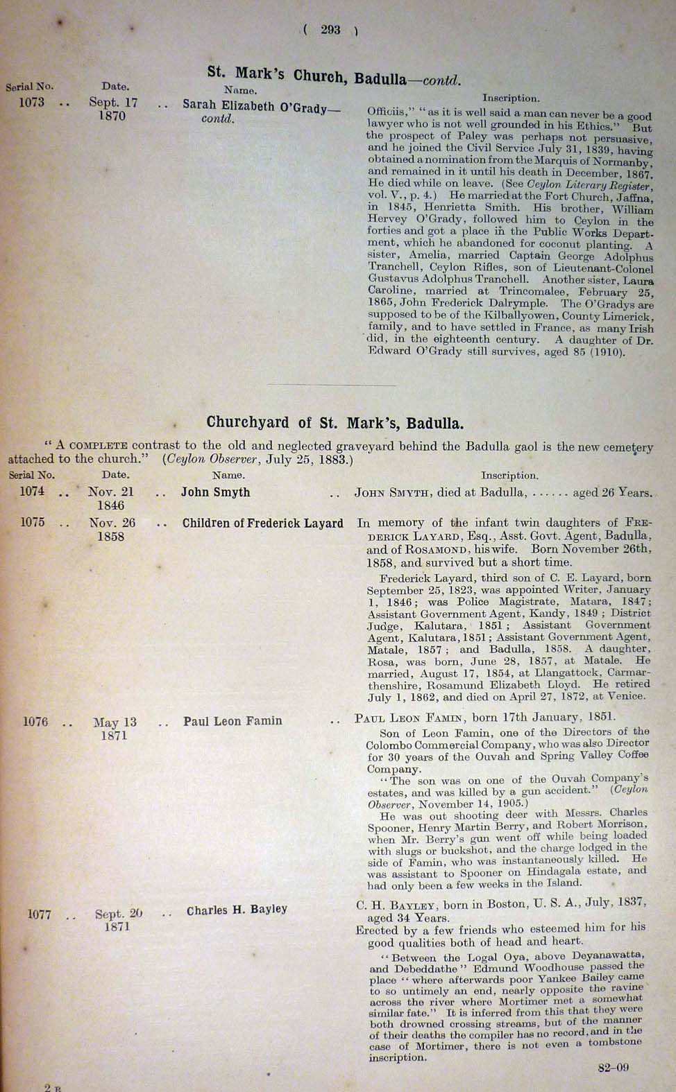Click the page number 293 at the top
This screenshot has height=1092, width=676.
(330, 30)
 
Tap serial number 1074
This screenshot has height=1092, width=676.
(32, 492)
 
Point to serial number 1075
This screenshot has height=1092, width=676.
(32, 523)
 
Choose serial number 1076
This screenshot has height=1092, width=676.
(35, 722)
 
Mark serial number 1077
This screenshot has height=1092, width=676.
(40, 915)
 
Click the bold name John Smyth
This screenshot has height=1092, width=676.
(215, 492)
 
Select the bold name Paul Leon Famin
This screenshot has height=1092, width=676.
(233, 721)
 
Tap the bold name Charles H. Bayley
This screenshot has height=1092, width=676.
(237, 910)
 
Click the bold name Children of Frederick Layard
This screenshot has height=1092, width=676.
(262, 523)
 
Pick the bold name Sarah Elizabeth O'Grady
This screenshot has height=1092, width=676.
(261, 106)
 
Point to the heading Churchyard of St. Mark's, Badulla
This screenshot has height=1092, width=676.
(335, 423)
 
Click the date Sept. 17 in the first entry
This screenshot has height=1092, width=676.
(113, 103)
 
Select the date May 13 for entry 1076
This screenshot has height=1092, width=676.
(115, 722)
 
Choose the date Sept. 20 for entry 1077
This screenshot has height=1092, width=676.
(119, 914)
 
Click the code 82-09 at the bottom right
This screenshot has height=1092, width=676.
(613, 1068)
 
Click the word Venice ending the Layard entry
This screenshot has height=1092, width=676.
(627, 696)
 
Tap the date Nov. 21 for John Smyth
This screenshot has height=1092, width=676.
(111, 492)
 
